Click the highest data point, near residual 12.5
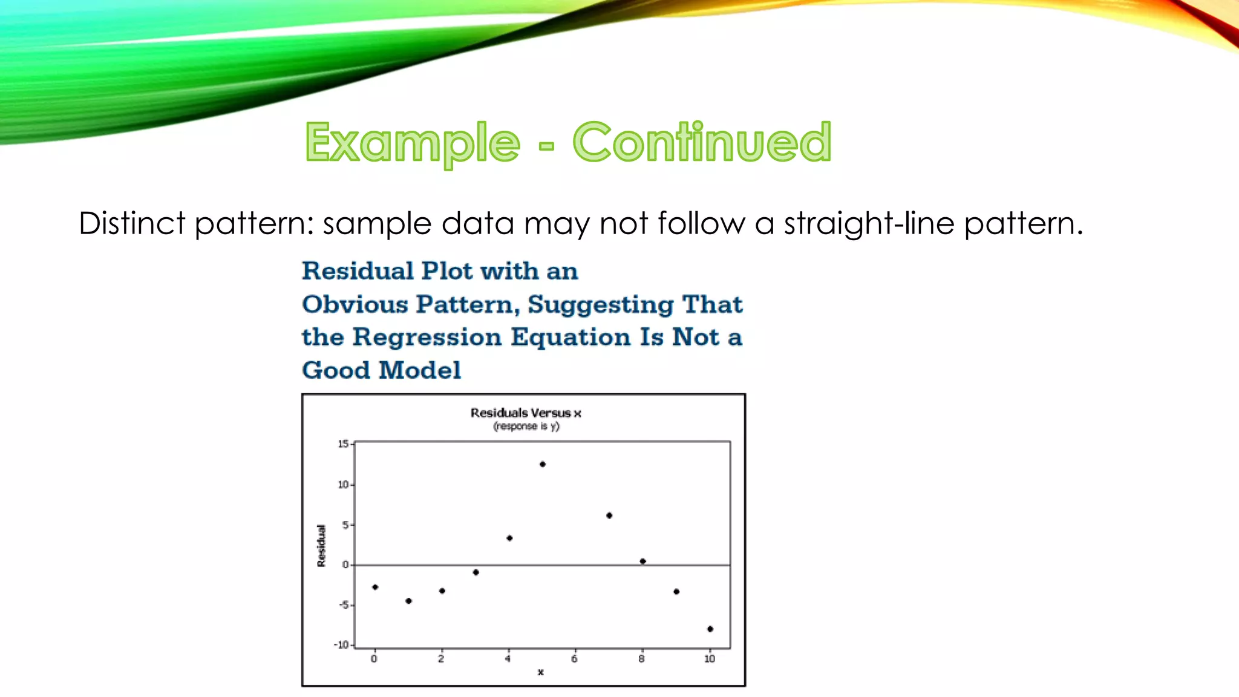pos(543,464)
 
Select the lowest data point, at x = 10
pos(710,629)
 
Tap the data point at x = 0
pos(375,587)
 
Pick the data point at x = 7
pos(609,515)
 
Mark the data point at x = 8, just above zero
pos(642,561)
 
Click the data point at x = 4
pos(509,538)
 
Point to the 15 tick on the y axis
pos(343,444)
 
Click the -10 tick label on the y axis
pos(342,645)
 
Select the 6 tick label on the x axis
pos(574,659)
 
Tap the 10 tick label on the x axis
pos(710,659)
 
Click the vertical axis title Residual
pos(321,546)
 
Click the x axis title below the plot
pos(540,672)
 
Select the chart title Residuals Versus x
pos(526,413)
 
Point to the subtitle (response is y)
pos(526,427)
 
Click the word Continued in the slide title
pos(702,142)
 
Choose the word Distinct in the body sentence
pos(132,223)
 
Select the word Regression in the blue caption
pos(427,337)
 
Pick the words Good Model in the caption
pos(381,370)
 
